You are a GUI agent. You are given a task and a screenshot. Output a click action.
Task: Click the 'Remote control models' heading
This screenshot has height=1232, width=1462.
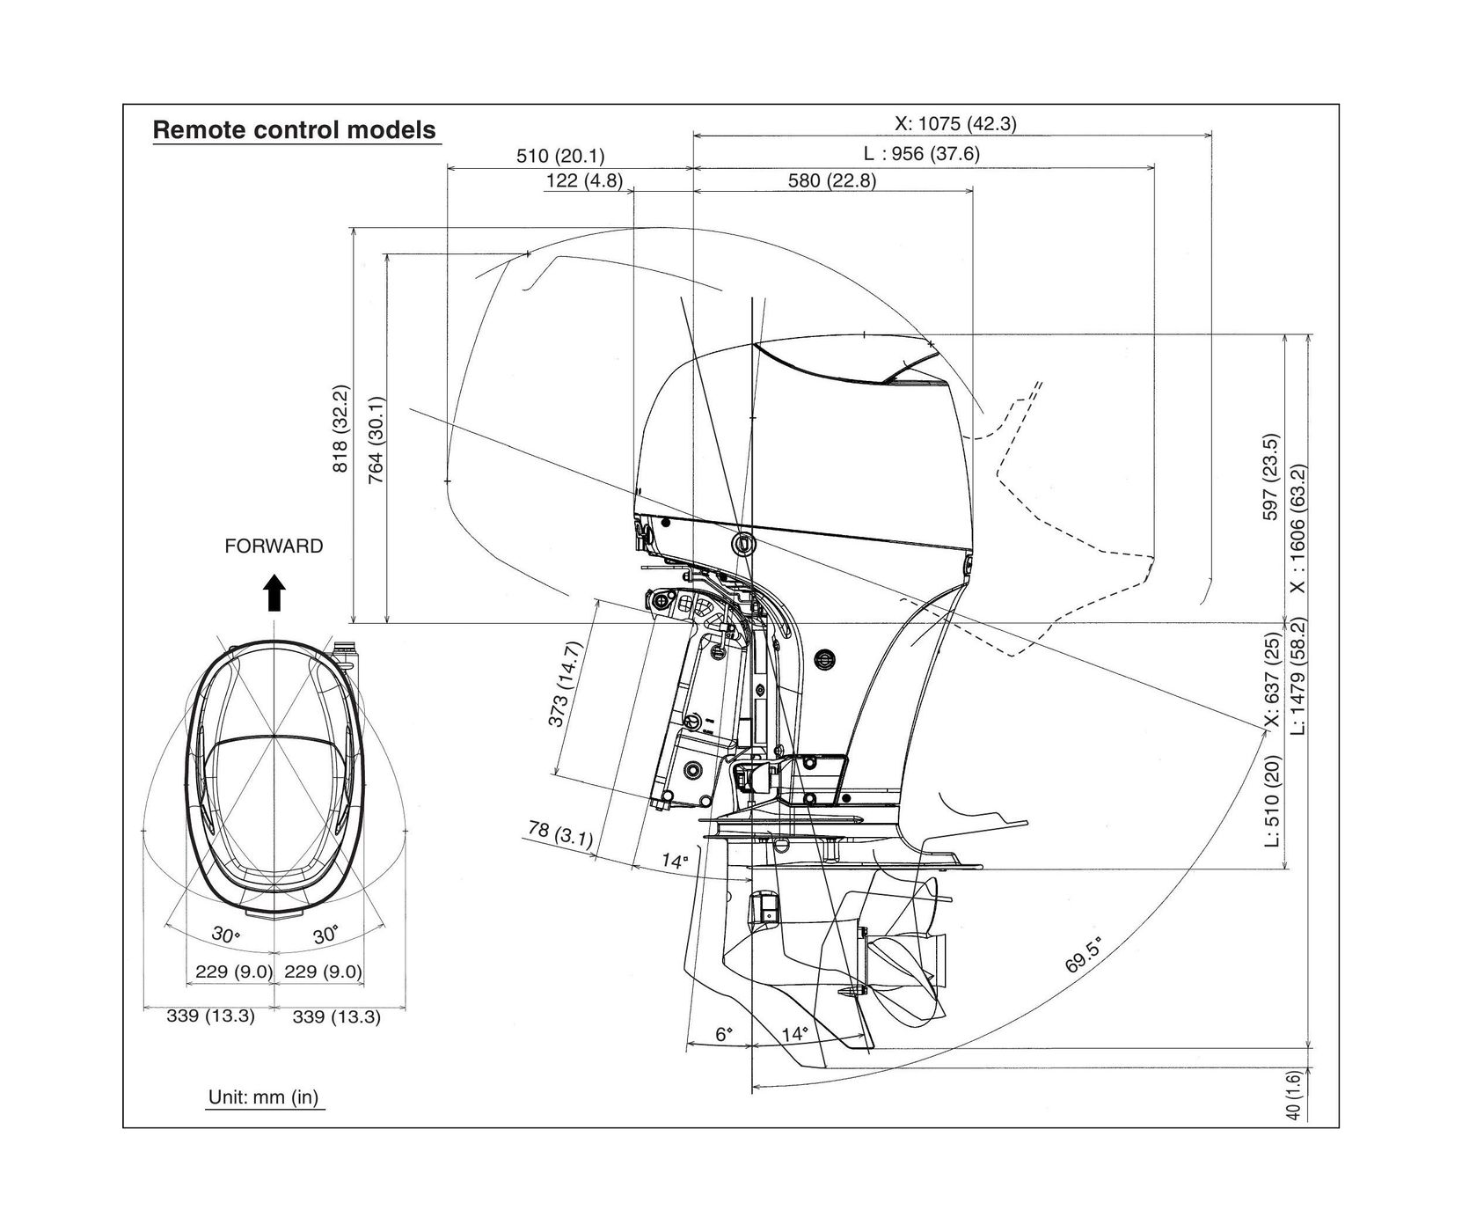pyautogui.click(x=294, y=130)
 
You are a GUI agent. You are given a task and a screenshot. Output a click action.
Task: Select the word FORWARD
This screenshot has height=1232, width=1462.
pyautogui.click(x=274, y=546)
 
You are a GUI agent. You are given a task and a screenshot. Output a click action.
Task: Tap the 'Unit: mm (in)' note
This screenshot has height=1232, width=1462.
pyautogui.click(x=263, y=1097)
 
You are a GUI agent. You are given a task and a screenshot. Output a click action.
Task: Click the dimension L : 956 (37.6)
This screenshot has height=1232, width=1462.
pyautogui.click(x=921, y=153)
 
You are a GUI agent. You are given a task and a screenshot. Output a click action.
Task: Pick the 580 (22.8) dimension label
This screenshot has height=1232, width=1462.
pyautogui.click(x=831, y=180)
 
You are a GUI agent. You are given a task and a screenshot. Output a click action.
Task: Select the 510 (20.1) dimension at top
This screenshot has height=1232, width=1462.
pyautogui.click(x=559, y=156)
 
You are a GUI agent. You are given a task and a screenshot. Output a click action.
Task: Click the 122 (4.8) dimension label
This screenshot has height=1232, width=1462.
pyautogui.click(x=583, y=180)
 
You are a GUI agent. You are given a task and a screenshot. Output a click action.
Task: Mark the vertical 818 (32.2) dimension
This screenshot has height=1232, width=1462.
pyautogui.click(x=340, y=429)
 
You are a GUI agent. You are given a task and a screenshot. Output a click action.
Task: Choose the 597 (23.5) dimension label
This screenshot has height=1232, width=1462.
pyautogui.click(x=1270, y=476)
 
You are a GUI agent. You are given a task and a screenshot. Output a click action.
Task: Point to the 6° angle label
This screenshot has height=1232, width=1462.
pyautogui.click(x=723, y=1034)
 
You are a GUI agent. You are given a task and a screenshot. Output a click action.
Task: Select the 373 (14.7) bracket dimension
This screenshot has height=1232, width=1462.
pyautogui.click(x=565, y=686)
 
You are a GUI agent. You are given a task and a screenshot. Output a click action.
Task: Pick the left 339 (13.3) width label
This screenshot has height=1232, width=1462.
pyautogui.click(x=210, y=1016)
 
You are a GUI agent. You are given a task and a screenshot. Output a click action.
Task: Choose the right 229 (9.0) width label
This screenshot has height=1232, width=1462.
pyautogui.click(x=323, y=972)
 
